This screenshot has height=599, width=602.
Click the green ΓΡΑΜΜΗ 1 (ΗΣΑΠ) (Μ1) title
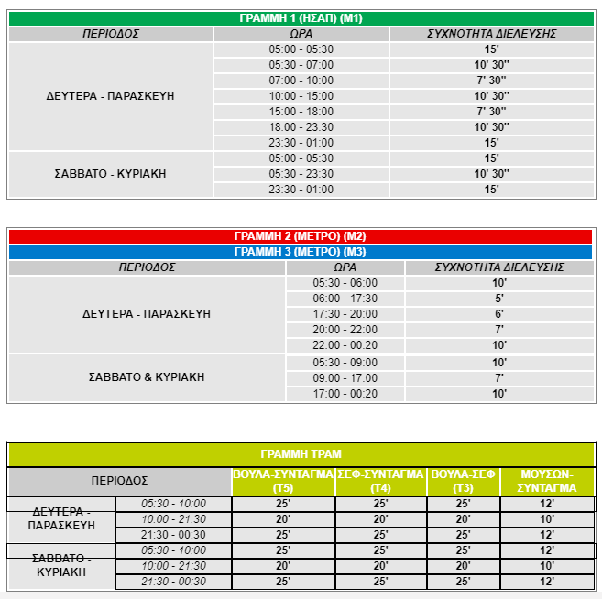click(301, 18)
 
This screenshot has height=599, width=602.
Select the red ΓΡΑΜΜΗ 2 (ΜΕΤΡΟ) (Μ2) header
click(301, 236)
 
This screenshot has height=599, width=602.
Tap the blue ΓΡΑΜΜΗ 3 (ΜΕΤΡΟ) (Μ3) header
click(301, 252)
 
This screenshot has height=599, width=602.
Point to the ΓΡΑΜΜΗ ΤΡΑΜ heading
click(301, 454)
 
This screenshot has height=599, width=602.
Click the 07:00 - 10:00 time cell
click(301, 81)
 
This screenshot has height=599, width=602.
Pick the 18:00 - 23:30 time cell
click(301, 127)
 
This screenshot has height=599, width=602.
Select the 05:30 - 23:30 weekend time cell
click(301, 174)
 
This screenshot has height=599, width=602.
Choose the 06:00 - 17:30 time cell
click(345, 299)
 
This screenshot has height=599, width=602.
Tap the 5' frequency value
click(498, 299)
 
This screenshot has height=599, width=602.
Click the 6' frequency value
click(498, 314)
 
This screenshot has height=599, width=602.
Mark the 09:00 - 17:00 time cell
click(345, 378)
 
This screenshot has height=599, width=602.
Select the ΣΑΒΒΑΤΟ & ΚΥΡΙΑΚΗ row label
click(147, 377)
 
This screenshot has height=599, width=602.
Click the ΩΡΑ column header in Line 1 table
click(301, 34)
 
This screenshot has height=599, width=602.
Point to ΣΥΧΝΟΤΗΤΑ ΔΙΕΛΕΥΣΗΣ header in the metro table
click(498, 267)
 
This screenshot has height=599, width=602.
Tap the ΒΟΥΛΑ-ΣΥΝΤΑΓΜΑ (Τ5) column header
click(283, 481)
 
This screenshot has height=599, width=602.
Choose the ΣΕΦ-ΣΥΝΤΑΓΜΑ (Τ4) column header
click(380, 481)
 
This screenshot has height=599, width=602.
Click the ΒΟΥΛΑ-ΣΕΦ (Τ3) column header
click(463, 481)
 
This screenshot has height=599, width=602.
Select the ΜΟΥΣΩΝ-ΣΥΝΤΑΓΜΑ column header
click(546, 481)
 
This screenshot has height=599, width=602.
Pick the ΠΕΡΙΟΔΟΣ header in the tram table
click(119, 481)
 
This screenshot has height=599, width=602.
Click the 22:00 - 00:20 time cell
click(345, 345)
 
